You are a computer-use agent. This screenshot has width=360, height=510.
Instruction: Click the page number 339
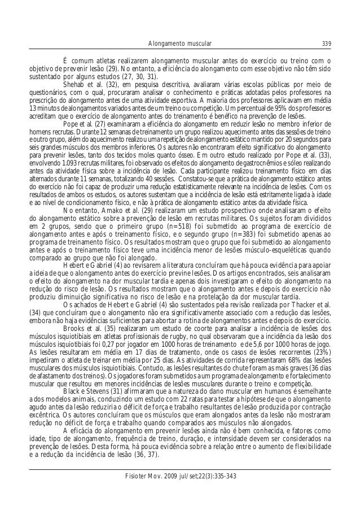coord(326,43)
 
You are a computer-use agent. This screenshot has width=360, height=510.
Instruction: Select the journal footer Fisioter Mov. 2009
coord(180,476)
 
